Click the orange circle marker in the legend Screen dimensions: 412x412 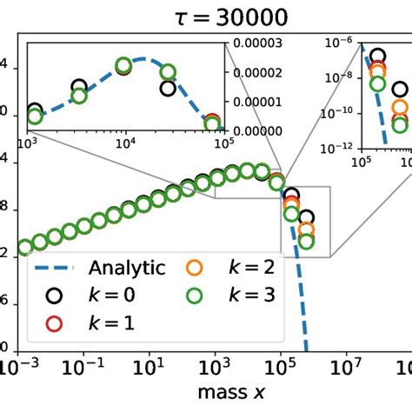[195, 268]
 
